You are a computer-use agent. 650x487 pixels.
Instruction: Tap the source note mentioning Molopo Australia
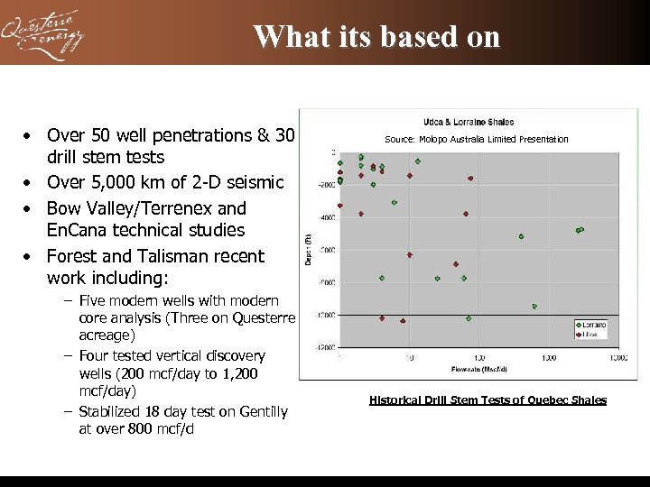coord(476,139)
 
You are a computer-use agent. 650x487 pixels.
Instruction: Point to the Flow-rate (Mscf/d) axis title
coord(478,370)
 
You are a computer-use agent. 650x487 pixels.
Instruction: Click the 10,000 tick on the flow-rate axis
coord(617,358)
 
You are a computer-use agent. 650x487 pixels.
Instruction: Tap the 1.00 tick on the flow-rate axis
coord(478,358)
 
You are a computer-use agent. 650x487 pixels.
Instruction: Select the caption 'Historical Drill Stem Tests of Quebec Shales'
coord(487,400)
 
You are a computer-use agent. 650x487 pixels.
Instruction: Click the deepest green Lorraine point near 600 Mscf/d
coord(534,307)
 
